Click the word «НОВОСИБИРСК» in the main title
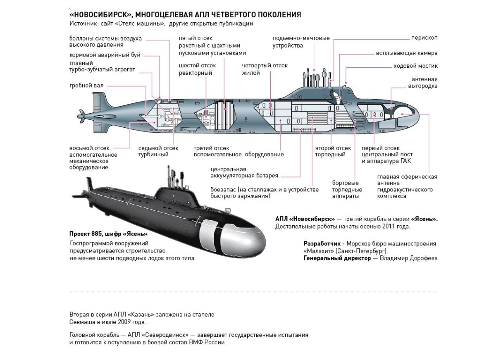(x=99, y=15)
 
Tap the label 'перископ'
(x=424, y=38)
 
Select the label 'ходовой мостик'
(x=415, y=66)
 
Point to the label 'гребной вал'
(x=86, y=86)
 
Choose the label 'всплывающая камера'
(x=407, y=53)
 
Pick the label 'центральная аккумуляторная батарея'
(x=244, y=172)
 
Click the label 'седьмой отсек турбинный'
(x=158, y=151)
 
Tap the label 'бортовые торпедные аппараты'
(x=347, y=189)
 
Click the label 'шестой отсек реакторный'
(x=197, y=69)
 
